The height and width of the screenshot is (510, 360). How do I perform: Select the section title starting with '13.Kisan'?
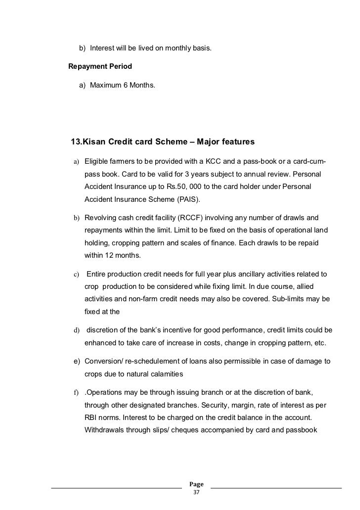163,142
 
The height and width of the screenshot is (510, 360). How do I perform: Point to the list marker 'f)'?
77,393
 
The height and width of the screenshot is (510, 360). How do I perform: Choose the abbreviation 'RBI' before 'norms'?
91,417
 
